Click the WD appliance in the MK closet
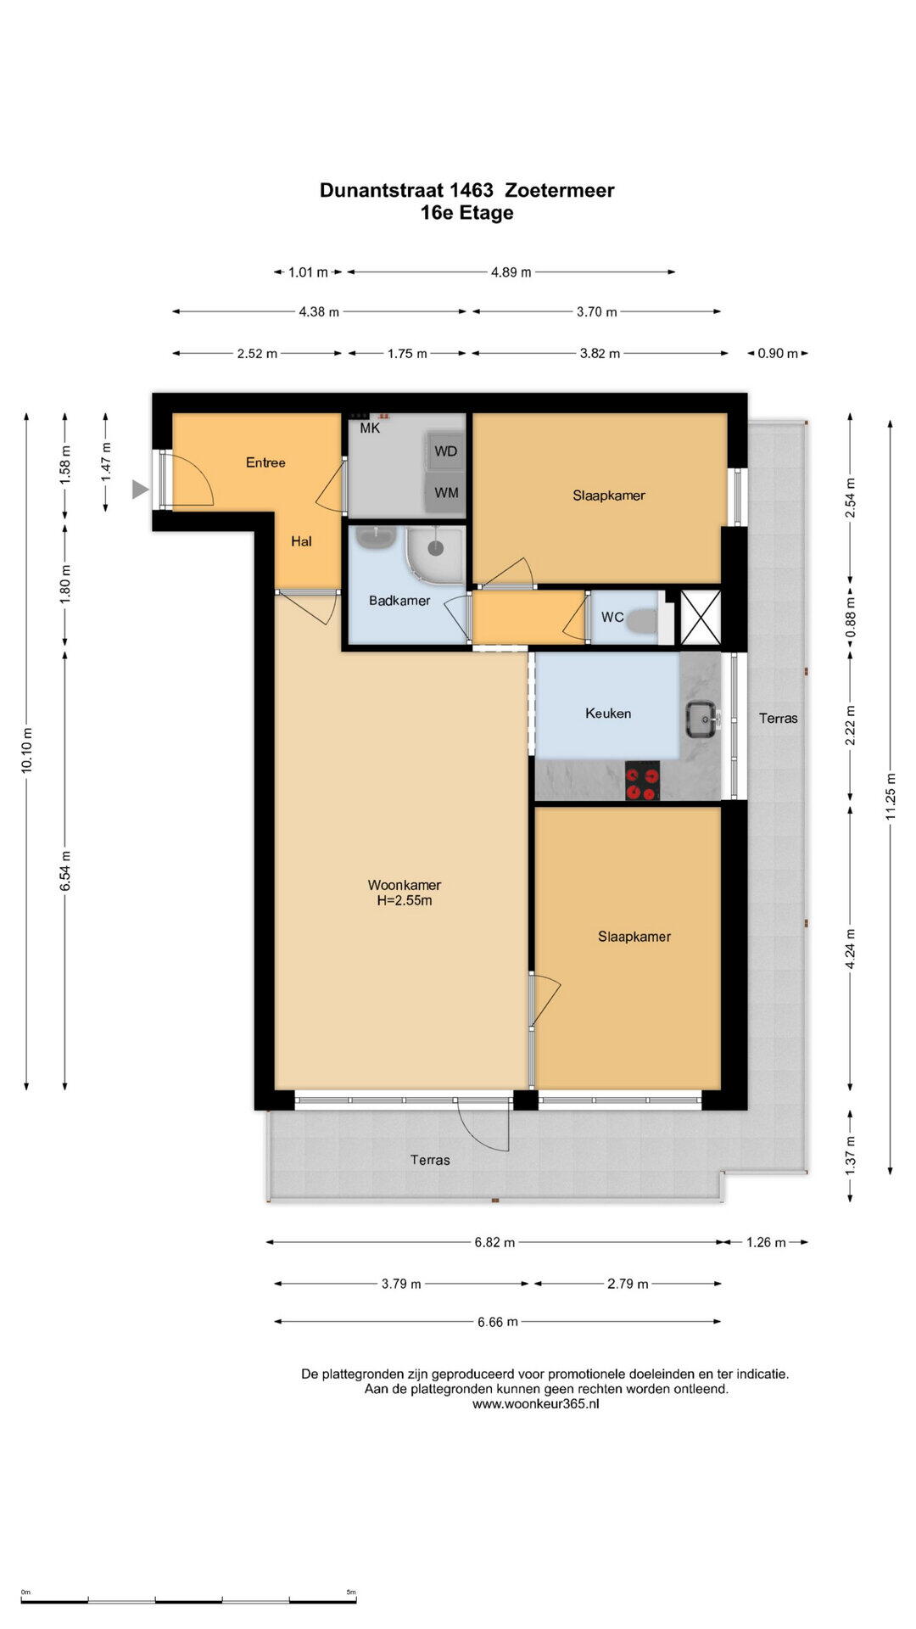click(x=445, y=451)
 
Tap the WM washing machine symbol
click(x=445, y=492)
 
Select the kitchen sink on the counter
click(x=701, y=719)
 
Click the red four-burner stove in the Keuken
click(x=642, y=781)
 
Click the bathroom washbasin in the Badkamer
click(x=376, y=537)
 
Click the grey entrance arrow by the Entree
click(x=140, y=490)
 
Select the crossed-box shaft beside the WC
click(x=701, y=617)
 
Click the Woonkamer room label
click(x=405, y=885)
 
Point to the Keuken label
click(x=608, y=714)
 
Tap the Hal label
click(x=301, y=541)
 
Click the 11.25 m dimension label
click(x=891, y=796)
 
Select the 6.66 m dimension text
click(x=497, y=1322)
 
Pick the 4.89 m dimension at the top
click(x=511, y=272)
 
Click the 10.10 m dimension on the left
click(x=27, y=750)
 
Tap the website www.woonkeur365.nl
click(x=536, y=1404)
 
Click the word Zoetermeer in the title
click(x=560, y=190)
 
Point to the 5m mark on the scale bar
click(x=351, y=1593)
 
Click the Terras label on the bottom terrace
click(x=430, y=1160)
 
